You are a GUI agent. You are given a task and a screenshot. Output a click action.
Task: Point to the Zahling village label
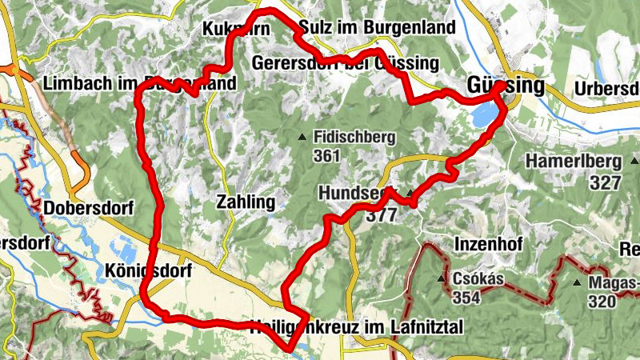[x=246, y=202]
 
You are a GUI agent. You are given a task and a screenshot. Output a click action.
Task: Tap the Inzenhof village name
[x=489, y=242]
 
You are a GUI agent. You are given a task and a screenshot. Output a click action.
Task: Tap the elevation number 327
[x=606, y=182]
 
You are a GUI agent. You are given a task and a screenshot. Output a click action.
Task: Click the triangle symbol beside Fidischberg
[x=302, y=138]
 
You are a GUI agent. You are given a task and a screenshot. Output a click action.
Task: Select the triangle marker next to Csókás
[x=441, y=278]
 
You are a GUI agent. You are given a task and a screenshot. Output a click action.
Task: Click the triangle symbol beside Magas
[x=576, y=282]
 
